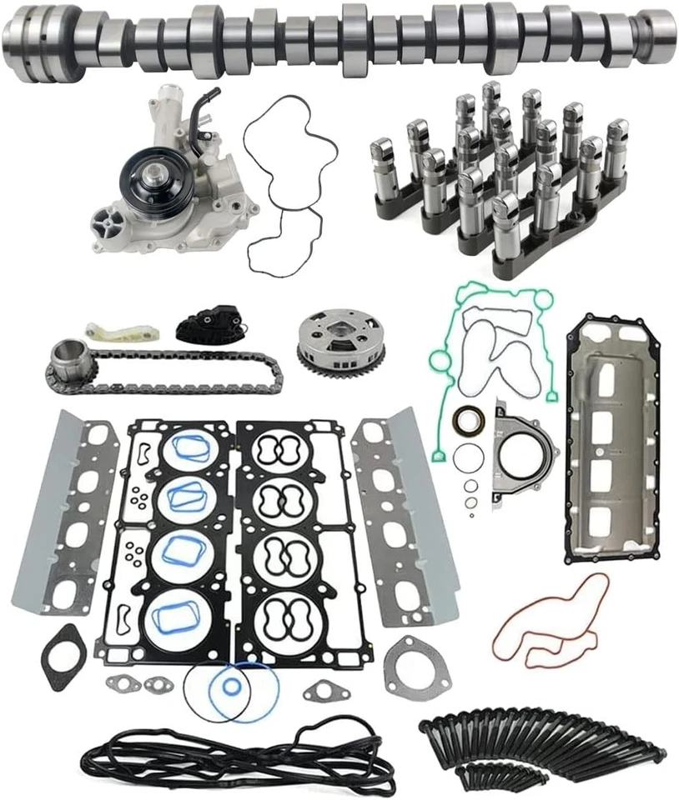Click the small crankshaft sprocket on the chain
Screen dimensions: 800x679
[67, 358]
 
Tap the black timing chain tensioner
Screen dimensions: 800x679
[209, 325]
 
